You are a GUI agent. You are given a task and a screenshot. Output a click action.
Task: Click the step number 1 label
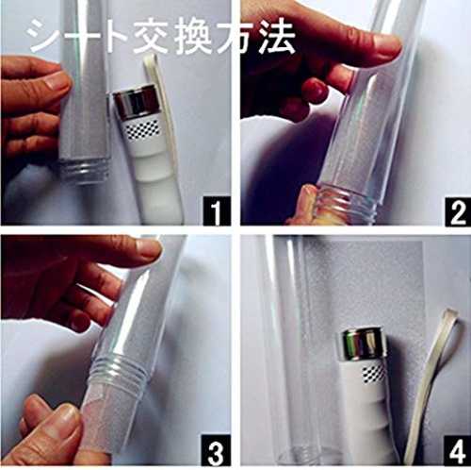pos(217,210)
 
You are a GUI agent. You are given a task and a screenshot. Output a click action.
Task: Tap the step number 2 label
pos(458,212)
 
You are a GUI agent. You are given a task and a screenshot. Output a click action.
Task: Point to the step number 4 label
pos(457,451)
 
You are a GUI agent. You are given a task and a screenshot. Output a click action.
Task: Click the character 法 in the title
pos(277,36)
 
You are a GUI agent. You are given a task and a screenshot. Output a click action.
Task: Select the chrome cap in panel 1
pos(135,100)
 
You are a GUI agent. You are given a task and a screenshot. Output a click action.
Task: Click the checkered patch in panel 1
pos(143,129)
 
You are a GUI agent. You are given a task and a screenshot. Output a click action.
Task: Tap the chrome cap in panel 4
pos(360,344)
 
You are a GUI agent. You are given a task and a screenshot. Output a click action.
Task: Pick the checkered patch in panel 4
pos(374,375)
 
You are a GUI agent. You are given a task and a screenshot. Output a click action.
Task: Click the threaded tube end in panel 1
pos(84,172)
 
